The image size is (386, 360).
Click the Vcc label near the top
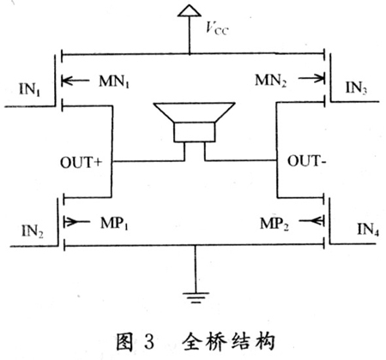tap(217, 28)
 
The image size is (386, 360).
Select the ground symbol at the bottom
tap(196, 297)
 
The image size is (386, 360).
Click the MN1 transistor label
tap(114, 81)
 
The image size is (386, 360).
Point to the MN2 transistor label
tap(270, 80)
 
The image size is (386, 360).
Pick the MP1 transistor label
tap(114, 223)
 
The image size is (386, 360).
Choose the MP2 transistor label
tap(274, 224)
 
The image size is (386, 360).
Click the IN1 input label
tap(30, 89)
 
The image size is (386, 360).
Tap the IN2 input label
tap(33, 231)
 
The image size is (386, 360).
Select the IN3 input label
tap(356, 87)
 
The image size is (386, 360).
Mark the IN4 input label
tap(368, 229)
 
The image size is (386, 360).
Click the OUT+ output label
tap(81, 162)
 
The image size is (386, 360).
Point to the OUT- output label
tap(306, 161)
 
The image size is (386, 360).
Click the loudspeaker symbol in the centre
tap(195, 122)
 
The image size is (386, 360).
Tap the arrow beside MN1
tap(75, 81)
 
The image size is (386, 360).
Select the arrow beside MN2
tap(311, 78)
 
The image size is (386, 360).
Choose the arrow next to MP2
tap(311, 220)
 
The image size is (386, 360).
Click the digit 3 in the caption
tap(149, 341)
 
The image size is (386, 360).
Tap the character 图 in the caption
tap(124, 341)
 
